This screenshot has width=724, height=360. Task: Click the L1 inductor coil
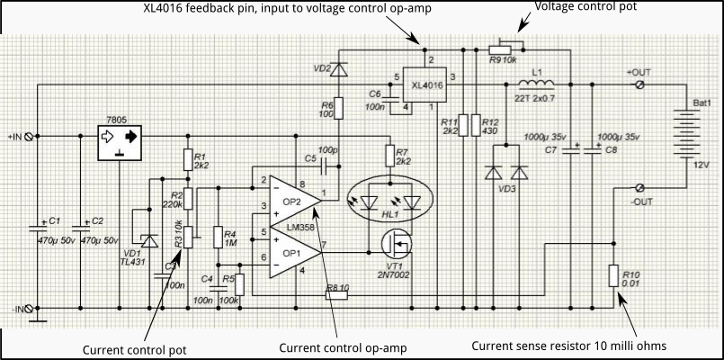point(536,85)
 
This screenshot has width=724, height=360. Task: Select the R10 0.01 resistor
point(612,275)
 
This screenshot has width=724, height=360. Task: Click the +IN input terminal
point(30,137)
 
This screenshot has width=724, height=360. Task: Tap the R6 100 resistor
point(338,108)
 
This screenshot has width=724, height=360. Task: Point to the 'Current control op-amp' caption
point(343,347)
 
